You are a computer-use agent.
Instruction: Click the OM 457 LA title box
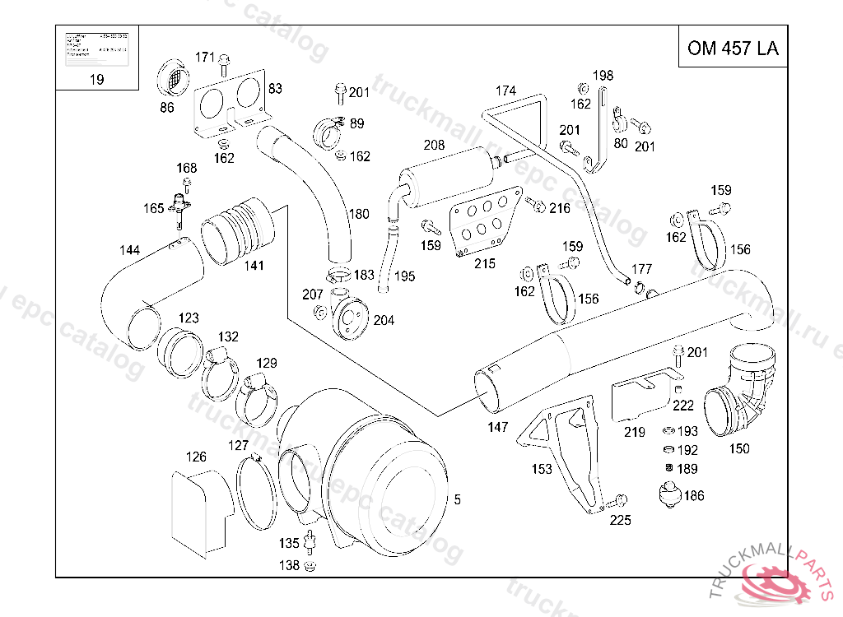tap(732, 49)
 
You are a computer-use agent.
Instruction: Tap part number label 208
tap(434, 145)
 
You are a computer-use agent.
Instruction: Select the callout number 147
tap(497, 427)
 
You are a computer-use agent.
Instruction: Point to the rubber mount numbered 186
tap(667, 497)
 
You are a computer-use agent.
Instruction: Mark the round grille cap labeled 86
tap(173, 79)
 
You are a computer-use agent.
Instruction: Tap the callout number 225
tap(620, 520)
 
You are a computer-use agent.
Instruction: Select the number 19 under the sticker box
tap(96, 80)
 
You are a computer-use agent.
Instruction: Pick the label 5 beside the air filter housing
tap(458, 499)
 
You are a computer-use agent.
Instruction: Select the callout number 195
tap(404, 276)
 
